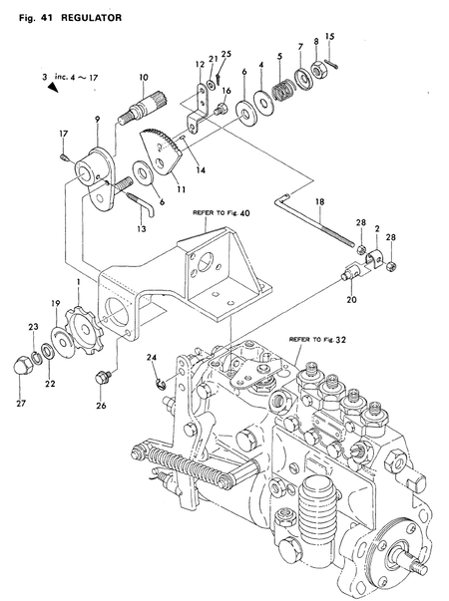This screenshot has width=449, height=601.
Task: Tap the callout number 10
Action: [x=144, y=77]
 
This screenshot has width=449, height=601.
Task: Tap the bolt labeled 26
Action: [x=100, y=379]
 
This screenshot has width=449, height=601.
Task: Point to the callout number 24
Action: [x=151, y=357]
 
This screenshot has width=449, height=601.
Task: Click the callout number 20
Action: [x=351, y=297]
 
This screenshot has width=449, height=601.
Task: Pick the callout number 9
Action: [x=96, y=120]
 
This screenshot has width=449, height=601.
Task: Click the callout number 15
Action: [x=330, y=37]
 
